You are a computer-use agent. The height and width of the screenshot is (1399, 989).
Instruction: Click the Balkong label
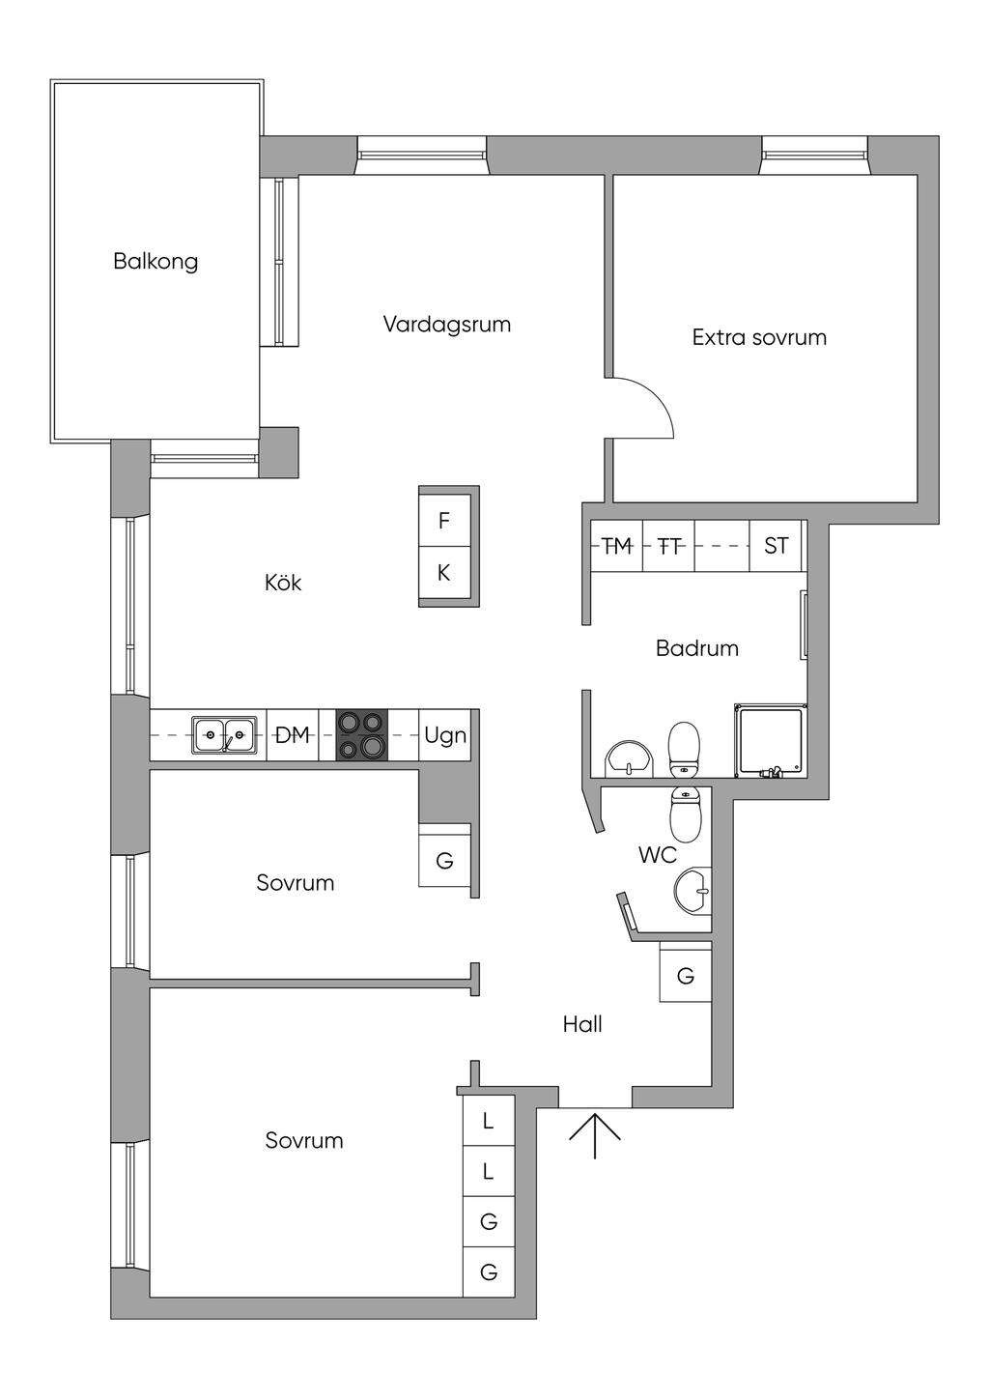155,261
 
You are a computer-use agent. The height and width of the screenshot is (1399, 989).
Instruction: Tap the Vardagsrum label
446,324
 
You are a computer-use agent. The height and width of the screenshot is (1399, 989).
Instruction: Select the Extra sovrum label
759,337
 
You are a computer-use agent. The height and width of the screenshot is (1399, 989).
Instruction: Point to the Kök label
283,583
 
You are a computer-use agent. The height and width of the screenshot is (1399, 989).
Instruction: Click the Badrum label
696,648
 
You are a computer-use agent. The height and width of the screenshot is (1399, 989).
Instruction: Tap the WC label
657,855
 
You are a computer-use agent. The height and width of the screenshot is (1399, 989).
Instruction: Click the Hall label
582,1024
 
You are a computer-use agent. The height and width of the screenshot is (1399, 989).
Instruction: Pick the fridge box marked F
444,521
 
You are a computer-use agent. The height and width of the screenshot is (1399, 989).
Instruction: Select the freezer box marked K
444,573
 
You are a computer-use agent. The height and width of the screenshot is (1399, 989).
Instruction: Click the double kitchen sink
224,735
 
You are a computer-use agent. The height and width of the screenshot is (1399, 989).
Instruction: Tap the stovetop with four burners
361,735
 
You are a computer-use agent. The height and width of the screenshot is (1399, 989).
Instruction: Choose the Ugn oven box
445,735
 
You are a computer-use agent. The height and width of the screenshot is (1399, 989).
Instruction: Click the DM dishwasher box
293,735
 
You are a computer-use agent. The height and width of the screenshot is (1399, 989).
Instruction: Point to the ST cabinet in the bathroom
776,546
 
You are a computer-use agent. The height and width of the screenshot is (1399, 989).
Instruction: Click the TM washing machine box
616,546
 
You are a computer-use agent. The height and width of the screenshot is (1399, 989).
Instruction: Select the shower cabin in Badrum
769,741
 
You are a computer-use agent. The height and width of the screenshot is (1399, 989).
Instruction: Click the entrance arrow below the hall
594,1134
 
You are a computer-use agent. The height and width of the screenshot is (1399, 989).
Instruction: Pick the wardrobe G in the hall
686,976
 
